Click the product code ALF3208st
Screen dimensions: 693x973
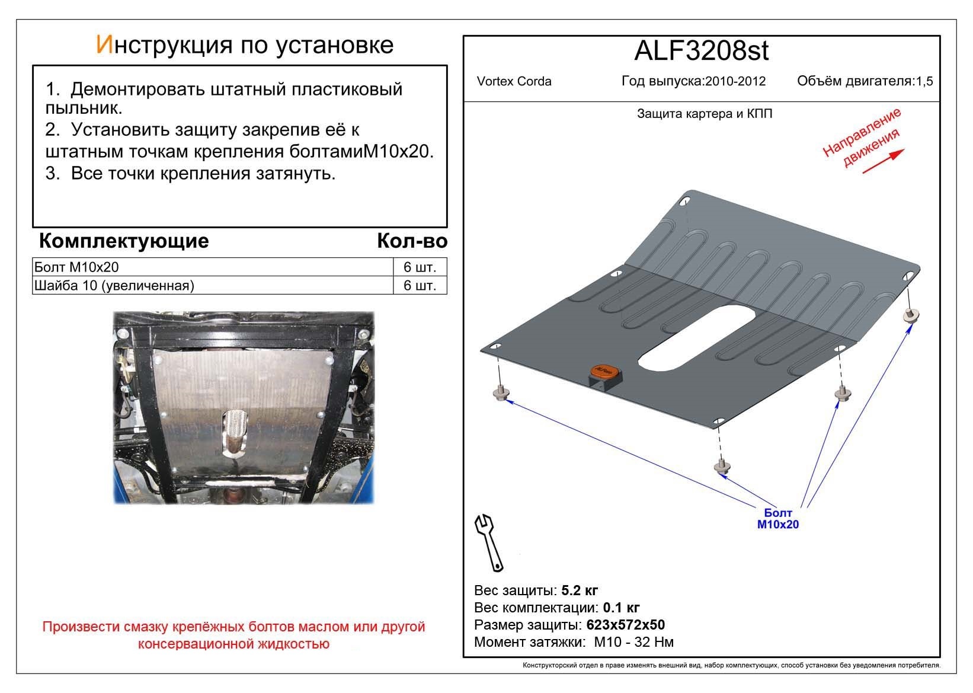pos(701,51)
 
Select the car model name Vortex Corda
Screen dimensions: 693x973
pos(514,82)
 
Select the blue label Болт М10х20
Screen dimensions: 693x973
pos(777,519)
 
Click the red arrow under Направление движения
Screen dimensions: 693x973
pos(883,161)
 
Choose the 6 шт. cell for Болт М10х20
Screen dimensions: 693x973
pos(420,267)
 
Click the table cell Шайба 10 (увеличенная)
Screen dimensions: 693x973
pos(114,286)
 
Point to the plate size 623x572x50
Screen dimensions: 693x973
pos(625,625)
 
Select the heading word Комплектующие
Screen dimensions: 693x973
pos(123,241)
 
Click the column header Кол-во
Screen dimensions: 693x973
pos(412,241)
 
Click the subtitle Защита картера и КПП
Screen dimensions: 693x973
pos(704,114)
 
